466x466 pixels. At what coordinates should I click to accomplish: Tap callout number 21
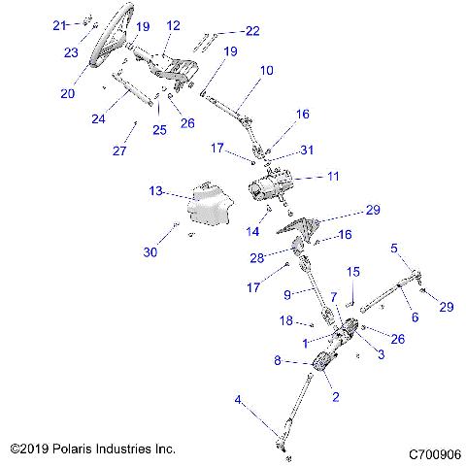point(59,24)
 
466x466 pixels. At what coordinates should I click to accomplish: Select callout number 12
point(174,25)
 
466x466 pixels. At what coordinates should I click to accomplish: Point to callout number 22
point(251,31)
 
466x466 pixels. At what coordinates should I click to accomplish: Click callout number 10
point(266,71)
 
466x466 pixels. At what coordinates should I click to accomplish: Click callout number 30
point(150,252)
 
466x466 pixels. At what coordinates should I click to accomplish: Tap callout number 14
point(254,232)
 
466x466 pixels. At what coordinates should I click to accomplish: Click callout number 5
point(394,248)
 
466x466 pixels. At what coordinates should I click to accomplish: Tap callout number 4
point(238,399)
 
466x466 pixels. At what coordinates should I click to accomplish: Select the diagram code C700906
point(432,452)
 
